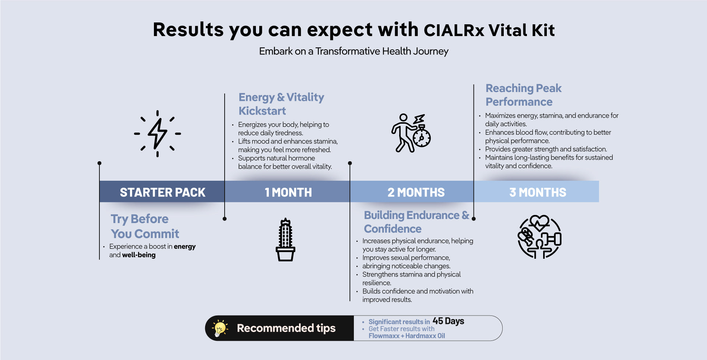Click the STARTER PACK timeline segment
click(162, 192)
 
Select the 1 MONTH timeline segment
click(288, 192)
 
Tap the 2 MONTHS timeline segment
click(416, 192)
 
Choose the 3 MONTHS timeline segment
click(538, 192)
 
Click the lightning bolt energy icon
click(158, 133)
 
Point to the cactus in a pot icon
click(285, 240)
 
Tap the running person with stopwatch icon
click(411, 133)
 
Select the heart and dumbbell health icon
click(539, 237)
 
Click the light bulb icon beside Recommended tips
click(220, 328)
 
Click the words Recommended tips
click(286, 328)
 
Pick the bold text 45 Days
click(448, 321)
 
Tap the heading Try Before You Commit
click(145, 226)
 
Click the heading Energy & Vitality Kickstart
click(281, 104)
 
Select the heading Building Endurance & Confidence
click(416, 222)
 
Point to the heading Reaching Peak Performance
click(523, 95)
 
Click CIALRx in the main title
click(454, 30)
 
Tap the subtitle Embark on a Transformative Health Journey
click(353, 51)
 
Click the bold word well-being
click(139, 255)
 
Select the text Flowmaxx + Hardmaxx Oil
click(407, 336)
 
